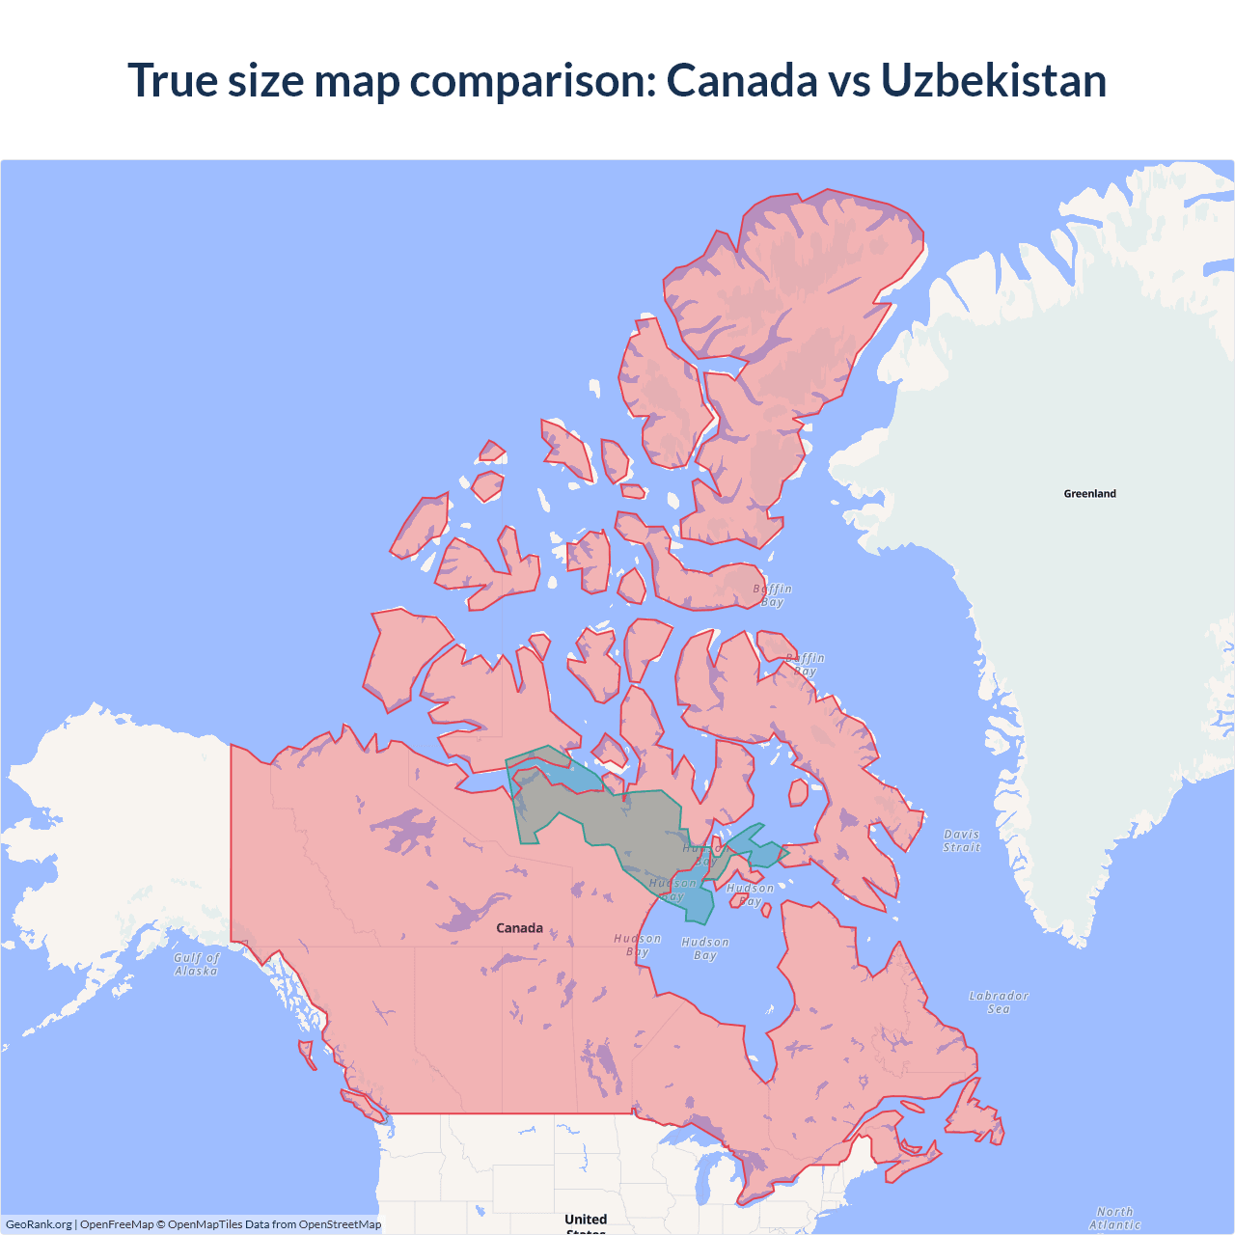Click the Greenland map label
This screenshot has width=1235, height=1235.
point(1089,493)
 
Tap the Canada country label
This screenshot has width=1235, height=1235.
point(519,927)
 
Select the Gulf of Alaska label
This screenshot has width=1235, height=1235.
point(197,964)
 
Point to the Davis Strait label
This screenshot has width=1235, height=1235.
point(961,840)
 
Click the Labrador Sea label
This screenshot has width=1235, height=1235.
point(999,1002)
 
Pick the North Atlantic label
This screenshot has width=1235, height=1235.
point(1114,1218)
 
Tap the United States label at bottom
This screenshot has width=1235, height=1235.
point(586,1221)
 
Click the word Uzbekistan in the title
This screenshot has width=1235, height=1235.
point(993,80)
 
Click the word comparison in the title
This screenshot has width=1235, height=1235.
point(533,80)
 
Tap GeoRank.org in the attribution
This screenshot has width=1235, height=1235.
point(39,1224)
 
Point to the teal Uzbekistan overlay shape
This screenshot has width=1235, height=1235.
point(617,820)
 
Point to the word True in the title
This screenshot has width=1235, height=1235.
point(174,80)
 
